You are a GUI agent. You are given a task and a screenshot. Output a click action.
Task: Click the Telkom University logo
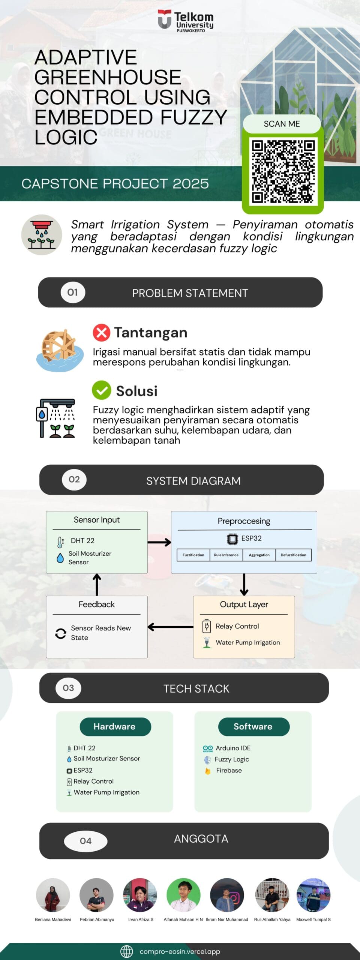tap(185, 21)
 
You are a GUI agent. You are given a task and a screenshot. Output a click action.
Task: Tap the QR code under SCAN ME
tap(283, 172)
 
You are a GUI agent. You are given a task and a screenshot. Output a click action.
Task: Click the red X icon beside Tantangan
tap(101, 332)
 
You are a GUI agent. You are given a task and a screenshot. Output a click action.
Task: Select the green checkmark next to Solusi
tap(101, 390)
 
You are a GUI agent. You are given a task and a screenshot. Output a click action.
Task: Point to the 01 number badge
tap(73, 292)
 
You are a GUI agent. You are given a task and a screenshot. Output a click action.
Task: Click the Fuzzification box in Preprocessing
tap(193, 555)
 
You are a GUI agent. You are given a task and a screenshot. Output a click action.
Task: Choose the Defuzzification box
tap(293, 555)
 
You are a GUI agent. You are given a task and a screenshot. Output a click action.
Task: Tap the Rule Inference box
tap(226, 555)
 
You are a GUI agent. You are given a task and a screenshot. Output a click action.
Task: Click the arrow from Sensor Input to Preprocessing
tap(159, 542)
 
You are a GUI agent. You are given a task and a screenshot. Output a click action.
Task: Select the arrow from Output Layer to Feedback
tap(170, 627)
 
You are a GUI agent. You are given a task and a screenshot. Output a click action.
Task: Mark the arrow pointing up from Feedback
tap(97, 584)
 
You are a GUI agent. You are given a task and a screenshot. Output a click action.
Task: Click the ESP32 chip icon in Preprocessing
tap(232, 539)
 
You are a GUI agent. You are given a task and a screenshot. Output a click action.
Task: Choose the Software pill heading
tap(253, 726)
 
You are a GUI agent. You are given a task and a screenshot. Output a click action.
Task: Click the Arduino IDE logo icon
tap(208, 748)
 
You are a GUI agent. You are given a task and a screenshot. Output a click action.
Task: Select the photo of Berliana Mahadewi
tap(53, 895)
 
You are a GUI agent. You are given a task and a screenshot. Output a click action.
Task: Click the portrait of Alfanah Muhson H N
tap(183, 895)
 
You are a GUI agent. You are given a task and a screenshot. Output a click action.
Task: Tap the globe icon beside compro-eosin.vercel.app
tap(127, 951)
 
